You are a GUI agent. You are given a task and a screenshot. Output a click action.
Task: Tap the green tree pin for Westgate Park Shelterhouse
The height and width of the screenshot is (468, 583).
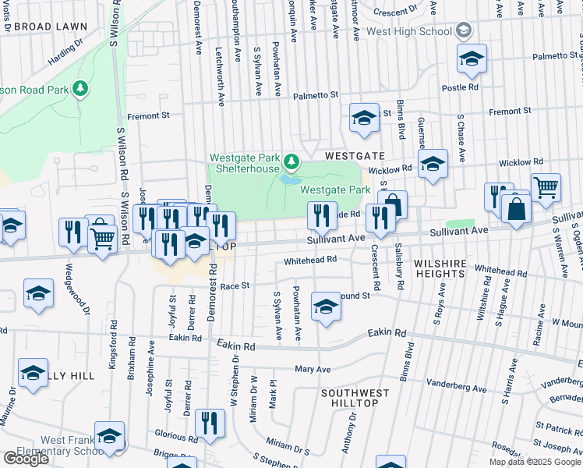tap(291, 161)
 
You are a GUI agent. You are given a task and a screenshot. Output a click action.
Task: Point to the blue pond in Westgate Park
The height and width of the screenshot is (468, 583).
tap(291, 179)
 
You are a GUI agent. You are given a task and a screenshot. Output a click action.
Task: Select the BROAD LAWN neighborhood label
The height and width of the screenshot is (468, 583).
tap(50, 27)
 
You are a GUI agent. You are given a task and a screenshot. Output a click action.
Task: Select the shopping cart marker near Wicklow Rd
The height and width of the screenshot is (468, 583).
tap(546, 186)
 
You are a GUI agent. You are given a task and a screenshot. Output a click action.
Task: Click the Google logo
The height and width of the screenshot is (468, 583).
tap(26, 459)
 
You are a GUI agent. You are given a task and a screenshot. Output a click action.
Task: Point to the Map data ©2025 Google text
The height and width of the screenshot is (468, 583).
tap(535, 462)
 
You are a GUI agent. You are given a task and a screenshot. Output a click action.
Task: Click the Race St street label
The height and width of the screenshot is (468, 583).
tap(234, 286)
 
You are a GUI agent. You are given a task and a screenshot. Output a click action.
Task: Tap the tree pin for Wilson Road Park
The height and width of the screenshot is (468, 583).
tap(79, 90)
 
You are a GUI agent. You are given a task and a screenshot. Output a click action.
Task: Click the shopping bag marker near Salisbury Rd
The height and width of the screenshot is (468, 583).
tap(394, 204)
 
